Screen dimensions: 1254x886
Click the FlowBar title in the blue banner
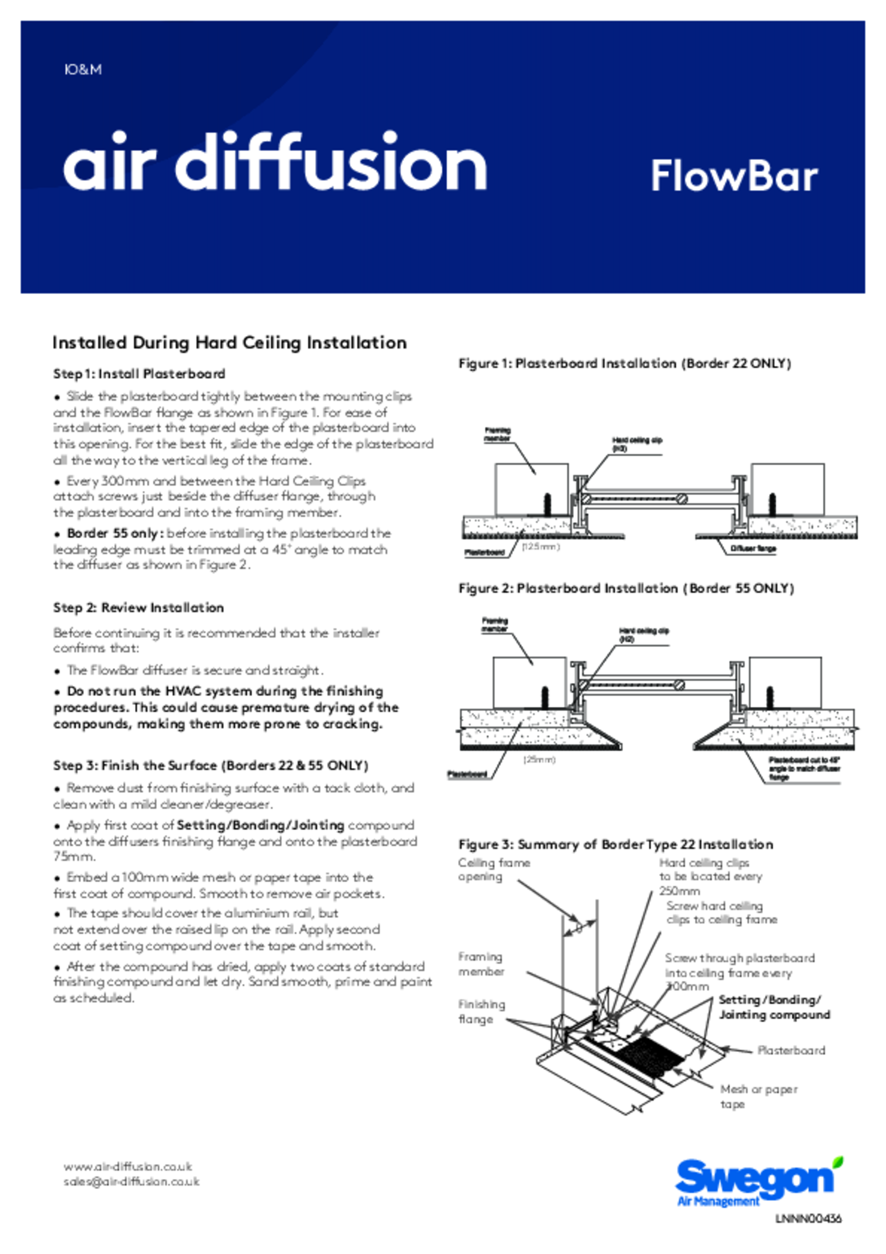click(x=734, y=176)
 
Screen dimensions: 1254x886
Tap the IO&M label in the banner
click(x=83, y=70)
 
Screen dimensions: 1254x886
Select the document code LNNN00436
click(x=808, y=1219)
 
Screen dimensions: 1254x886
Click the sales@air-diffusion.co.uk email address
click(x=131, y=1181)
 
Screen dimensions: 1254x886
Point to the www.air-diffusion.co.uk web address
click(x=128, y=1166)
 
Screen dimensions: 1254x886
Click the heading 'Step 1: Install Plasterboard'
click(x=139, y=374)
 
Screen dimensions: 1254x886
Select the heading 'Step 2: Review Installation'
click(x=138, y=608)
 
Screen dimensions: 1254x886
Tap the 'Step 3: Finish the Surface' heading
click(x=210, y=765)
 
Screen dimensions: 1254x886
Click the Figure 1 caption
click(x=625, y=363)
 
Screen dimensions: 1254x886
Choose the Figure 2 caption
click(x=626, y=588)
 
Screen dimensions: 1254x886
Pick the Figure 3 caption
click(x=615, y=845)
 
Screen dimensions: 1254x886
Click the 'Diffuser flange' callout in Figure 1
click(x=753, y=548)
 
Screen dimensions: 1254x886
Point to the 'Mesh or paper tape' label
click(x=758, y=1097)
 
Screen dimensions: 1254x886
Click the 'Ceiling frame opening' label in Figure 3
click(x=493, y=870)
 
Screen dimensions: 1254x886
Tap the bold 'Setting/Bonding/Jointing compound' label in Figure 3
click(x=774, y=1008)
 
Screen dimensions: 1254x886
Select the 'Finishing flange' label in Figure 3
click(x=481, y=1012)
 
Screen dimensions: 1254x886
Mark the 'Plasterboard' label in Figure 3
click(x=791, y=1051)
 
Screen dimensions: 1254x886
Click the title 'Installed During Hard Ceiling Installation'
click(x=229, y=343)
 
